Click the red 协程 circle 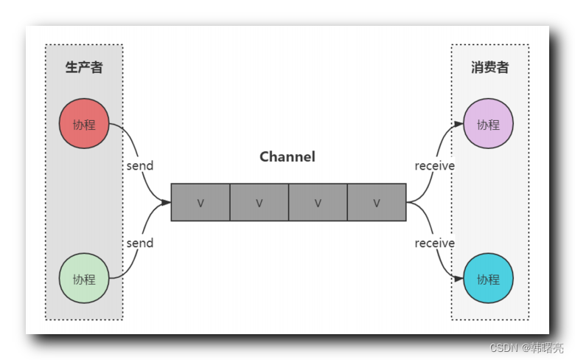point(84,123)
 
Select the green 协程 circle point(84,278)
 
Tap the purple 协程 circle point(488,123)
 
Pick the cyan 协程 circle point(488,278)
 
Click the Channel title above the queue point(287,156)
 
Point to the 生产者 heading point(84,68)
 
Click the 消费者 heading point(490,68)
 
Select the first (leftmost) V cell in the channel point(201,202)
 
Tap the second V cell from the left point(259,202)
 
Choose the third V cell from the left point(318,202)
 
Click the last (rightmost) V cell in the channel point(376,202)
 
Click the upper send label point(139,166)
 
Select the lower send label point(139,243)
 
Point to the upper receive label point(434,166)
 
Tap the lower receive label point(434,243)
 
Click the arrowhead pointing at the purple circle point(459,125)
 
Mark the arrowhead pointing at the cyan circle point(459,279)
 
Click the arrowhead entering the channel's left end point(167,202)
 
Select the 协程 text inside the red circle point(84,124)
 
